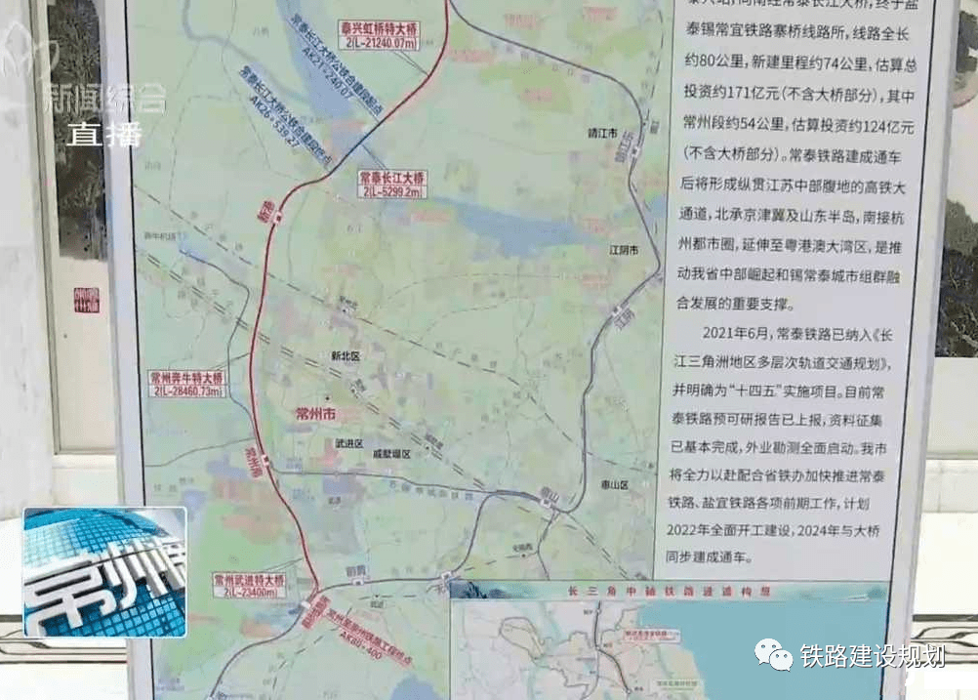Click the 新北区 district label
tap(346, 357)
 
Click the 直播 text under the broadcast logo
tap(104, 134)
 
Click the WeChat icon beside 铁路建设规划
tap(772, 655)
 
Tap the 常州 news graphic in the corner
tap(104, 572)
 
